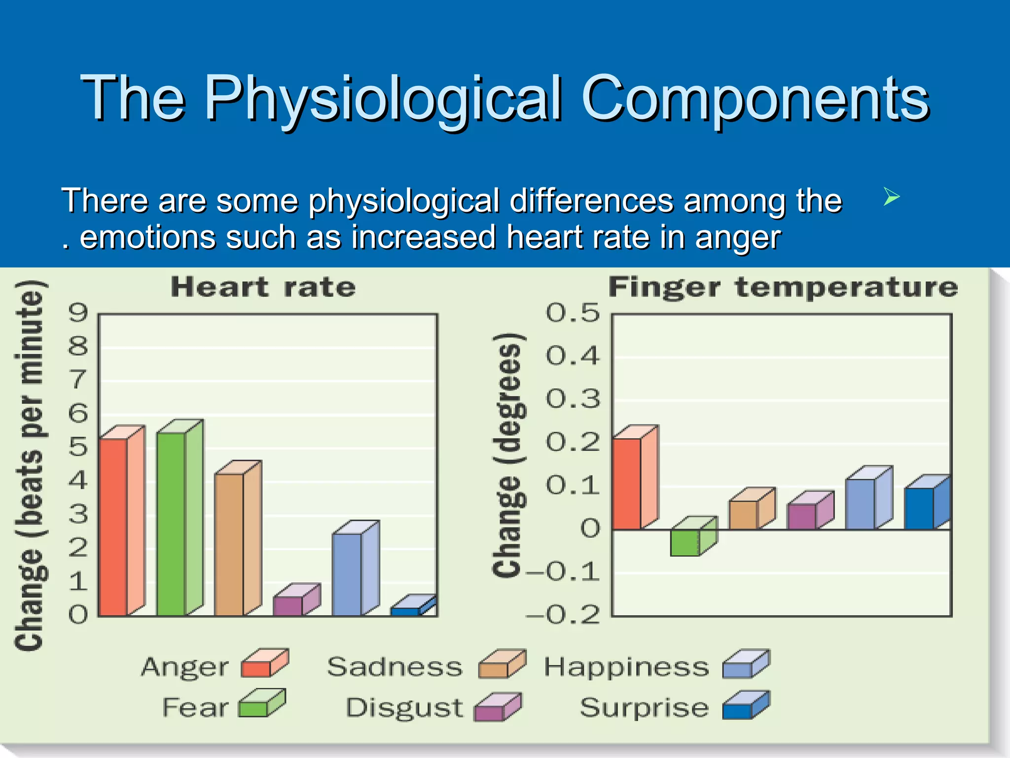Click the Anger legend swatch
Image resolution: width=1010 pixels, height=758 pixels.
pyautogui.click(x=264, y=664)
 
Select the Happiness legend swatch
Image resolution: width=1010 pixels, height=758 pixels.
pyautogui.click(x=745, y=664)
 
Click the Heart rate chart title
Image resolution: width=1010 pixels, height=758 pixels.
pyautogui.click(x=263, y=287)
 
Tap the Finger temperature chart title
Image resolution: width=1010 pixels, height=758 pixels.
pyautogui.click(x=783, y=287)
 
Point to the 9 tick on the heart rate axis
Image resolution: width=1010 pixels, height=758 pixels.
pyautogui.click(x=78, y=313)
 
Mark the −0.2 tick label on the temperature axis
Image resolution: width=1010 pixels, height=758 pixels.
pyautogui.click(x=563, y=615)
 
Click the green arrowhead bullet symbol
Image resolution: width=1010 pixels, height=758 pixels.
pyautogui.click(x=891, y=197)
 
